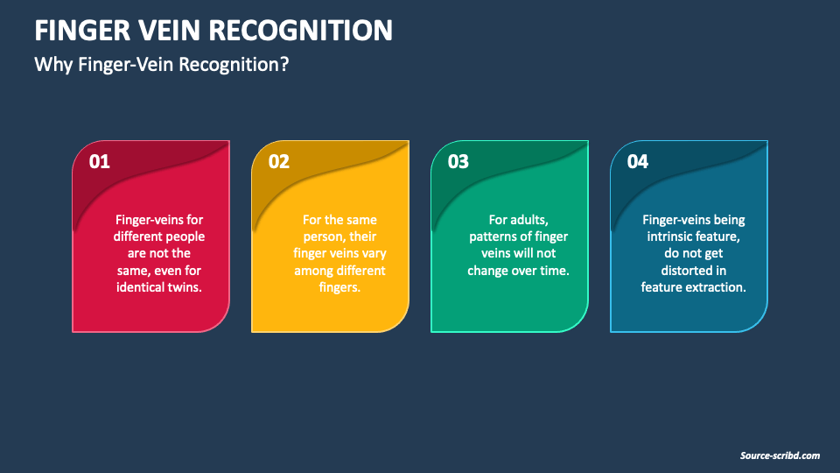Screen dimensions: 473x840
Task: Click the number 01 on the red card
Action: (100, 162)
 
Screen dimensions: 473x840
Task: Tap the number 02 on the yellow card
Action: (279, 162)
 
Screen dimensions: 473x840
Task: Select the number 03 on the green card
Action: (458, 162)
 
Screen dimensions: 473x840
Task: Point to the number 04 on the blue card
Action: (638, 162)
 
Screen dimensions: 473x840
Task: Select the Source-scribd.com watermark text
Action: (779, 455)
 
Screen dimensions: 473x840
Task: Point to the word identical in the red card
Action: (140, 287)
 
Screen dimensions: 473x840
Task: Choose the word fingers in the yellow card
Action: (339, 287)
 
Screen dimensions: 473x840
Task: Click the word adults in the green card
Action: (528, 220)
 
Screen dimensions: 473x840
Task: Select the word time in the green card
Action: (554, 271)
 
